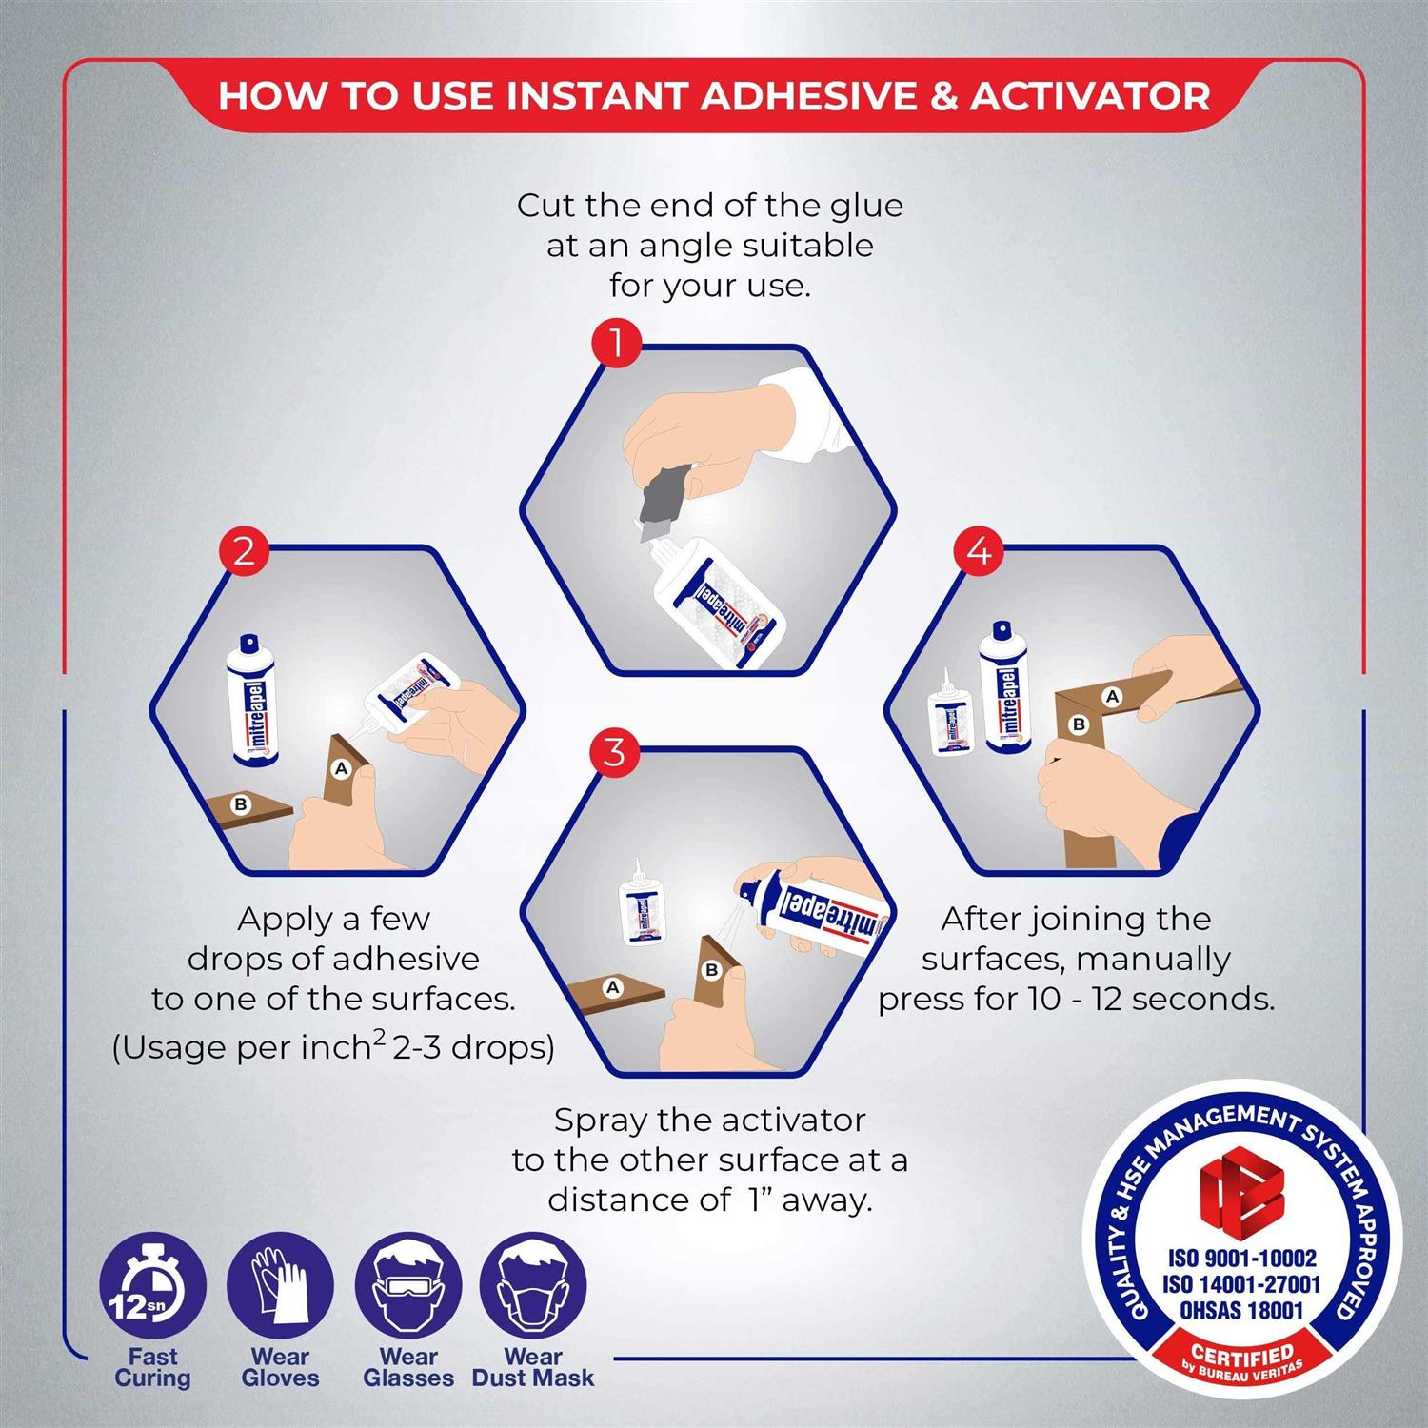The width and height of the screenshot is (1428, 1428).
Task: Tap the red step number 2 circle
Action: coord(244,551)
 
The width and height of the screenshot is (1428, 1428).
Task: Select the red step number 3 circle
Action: coord(615,752)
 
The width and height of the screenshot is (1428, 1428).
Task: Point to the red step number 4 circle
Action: coord(979,551)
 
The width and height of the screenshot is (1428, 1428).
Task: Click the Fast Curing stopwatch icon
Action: coord(152,1286)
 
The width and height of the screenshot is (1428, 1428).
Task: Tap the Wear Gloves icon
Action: coord(280,1286)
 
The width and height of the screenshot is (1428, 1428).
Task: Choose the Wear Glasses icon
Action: coord(408,1286)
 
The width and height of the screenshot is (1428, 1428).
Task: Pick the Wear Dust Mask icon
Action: coord(533,1286)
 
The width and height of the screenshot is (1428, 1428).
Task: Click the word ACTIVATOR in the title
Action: coord(1090,96)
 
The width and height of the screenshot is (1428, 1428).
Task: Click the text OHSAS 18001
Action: coord(1241,1310)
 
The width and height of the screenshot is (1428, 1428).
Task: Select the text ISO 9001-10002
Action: coord(1241,1258)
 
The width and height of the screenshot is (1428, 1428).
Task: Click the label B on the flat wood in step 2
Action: coord(241,804)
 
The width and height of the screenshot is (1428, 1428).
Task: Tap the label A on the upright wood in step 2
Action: coord(341,768)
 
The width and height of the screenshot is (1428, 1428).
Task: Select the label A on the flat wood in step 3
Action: coord(613,987)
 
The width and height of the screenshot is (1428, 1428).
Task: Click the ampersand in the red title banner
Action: coord(943,96)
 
